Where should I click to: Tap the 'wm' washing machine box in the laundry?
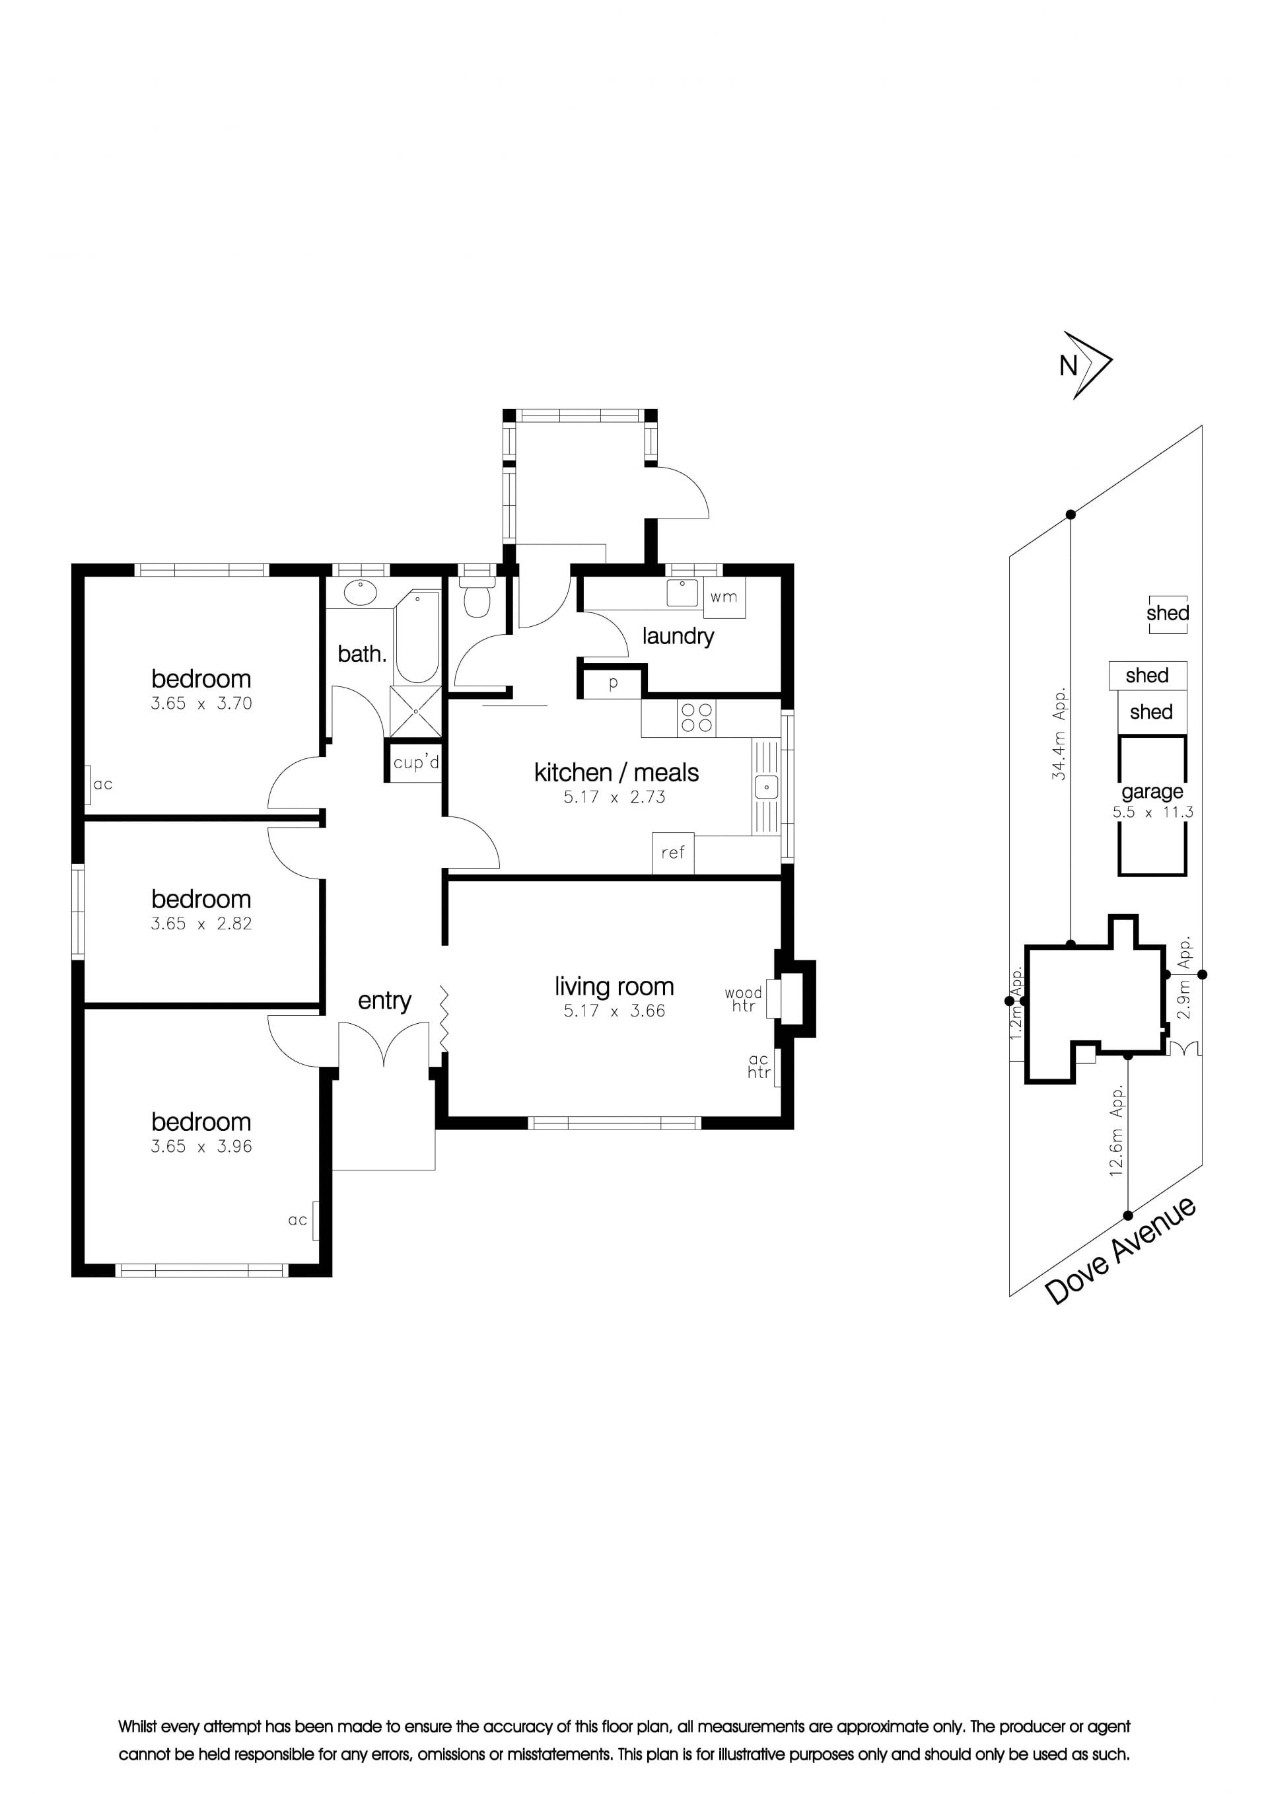pyautogui.click(x=724, y=597)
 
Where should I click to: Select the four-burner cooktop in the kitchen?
pyautogui.click(x=697, y=718)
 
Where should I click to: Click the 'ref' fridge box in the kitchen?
pyautogui.click(x=673, y=853)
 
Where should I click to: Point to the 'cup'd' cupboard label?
pyautogui.click(x=417, y=762)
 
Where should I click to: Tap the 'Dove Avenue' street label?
pyautogui.click(x=1120, y=1251)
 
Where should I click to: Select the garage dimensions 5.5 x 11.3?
pyautogui.click(x=1153, y=812)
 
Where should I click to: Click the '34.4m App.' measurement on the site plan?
pyautogui.click(x=1059, y=734)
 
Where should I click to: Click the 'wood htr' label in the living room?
pyautogui.click(x=743, y=999)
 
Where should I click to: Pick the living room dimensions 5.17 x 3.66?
pyautogui.click(x=615, y=1011)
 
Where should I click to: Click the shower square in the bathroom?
pyautogui.click(x=415, y=711)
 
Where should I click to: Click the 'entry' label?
pyautogui.click(x=384, y=1001)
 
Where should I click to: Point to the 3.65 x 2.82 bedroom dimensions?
pyautogui.click(x=201, y=923)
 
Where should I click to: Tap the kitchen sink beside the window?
pyautogui.click(x=767, y=786)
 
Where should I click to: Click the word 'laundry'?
pyautogui.click(x=678, y=637)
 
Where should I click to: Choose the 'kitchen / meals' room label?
pyautogui.click(x=616, y=772)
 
